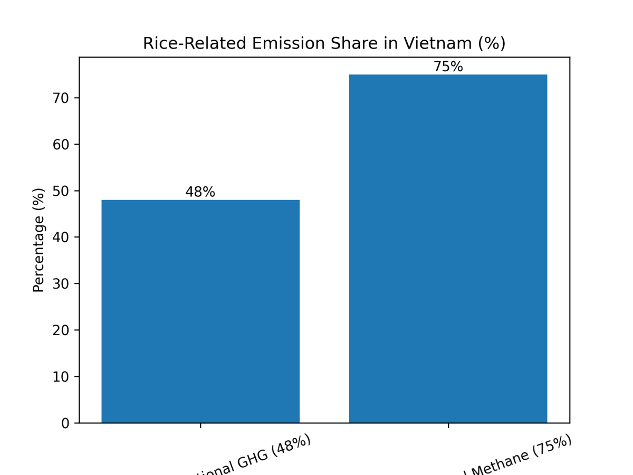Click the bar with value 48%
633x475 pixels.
tap(200, 311)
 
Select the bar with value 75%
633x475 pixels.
tap(448, 249)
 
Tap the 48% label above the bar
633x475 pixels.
tap(200, 193)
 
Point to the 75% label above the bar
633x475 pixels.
tap(448, 67)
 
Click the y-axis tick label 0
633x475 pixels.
tap(65, 423)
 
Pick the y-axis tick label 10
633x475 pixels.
tap(62, 377)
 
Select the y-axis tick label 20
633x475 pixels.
tap(62, 330)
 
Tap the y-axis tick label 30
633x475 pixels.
tap(62, 284)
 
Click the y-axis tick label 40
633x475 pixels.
tap(62, 237)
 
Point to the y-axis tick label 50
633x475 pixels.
tap(62, 191)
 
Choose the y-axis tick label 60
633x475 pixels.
tap(62, 145)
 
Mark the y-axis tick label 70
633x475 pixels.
tap(62, 98)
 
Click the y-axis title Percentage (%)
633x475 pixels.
tap(39, 240)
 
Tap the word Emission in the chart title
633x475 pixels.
tap(272, 44)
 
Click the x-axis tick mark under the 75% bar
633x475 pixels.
tap(448, 425)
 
